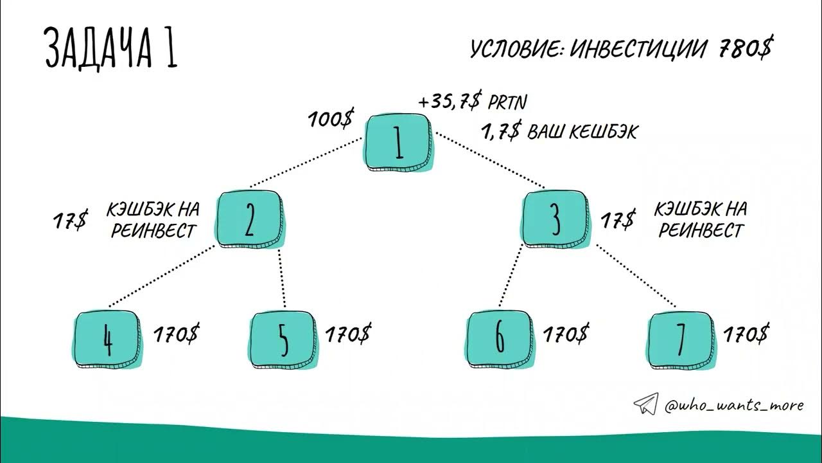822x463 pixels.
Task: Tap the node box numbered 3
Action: coord(555,219)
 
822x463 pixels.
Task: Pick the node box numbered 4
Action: coord(107,339)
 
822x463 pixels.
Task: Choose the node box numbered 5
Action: coord(283,339)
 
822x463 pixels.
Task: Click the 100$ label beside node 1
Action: coord(331,119)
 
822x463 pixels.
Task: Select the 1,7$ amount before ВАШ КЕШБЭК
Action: coord(502,131)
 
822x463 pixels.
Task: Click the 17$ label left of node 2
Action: coord(70,221)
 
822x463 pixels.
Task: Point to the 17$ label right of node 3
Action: coord(618,219)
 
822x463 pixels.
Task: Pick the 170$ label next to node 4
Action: coord(176,334)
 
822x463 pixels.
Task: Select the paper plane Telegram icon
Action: coord(646,404)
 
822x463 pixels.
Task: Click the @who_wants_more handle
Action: coord(734,405)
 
